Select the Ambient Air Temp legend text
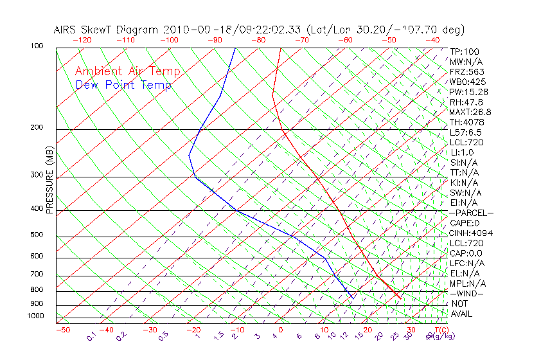pyautogui.click(x=128, y=71)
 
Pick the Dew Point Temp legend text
pyautogui.click(x=123, y=85)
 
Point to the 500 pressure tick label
pyautogui.click(x=37, y=235)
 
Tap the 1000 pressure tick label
pyautogui.click(x=35, y=316)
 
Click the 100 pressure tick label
pyautogui.click(x=37, y=47)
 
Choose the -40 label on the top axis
pyautogui.click(x=432, y=40)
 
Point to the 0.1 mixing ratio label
pyautogui.click(x=91, y=336)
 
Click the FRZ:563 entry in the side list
pyautogui.click(x=467, y=72)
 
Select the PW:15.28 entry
pyautogui.click(x=469, y=92)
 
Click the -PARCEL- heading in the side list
pyautogui.click(x=471, y=213)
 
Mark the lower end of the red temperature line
pyautogui.click(x=401, y=299)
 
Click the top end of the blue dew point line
pyautogui.click(x=235, y=48)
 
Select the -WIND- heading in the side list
pyautogui.click(x=467, y=293)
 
